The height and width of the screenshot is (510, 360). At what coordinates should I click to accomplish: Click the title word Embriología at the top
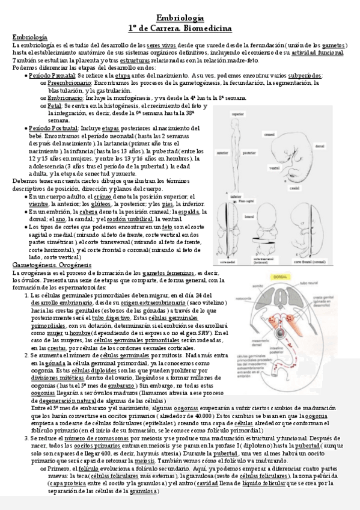click(180, 19)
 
